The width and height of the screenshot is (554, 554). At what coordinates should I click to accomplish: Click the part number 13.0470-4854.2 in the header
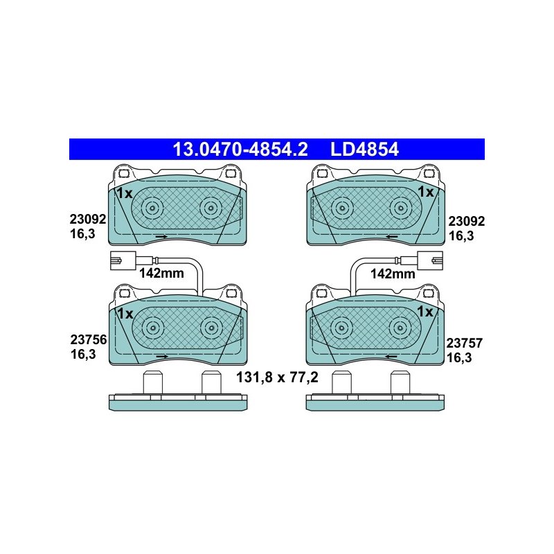click(240, 149)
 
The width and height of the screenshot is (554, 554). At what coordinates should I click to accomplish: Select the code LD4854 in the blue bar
click(364, 149)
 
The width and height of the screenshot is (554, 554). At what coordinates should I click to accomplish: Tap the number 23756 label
click(89, 339)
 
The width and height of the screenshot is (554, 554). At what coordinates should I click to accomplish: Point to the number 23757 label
click(464, 343)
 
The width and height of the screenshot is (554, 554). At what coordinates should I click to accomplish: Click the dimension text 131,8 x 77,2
click(277, 377)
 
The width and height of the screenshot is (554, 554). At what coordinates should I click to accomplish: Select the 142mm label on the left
click(161, 273)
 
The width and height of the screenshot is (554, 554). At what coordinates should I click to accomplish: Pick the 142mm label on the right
click(393, 274)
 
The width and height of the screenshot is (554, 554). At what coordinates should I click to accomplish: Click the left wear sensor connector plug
click(123, 260)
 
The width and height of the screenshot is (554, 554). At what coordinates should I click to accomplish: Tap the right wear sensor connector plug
click(430, 260)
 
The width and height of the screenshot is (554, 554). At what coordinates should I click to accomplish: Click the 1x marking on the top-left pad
click(125, 193)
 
